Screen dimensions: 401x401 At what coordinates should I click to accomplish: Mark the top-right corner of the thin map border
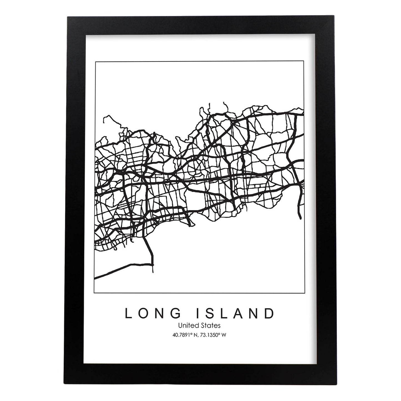point(304,61)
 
